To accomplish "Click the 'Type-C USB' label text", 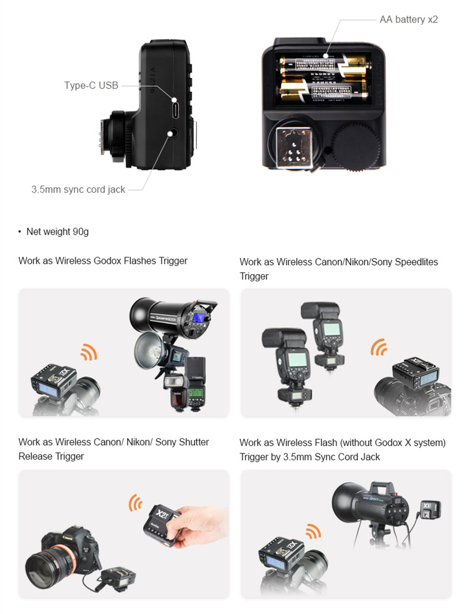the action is tap(91, 85).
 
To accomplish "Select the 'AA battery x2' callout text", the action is tap(409, 19).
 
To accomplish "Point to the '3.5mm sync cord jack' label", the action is tap(78, 189).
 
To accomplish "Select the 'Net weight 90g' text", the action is tap(58, 231).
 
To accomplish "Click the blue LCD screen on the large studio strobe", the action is tap(199, 318).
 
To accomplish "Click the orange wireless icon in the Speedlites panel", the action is tap(379, 347).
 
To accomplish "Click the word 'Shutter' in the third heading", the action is tap(193, 442).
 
